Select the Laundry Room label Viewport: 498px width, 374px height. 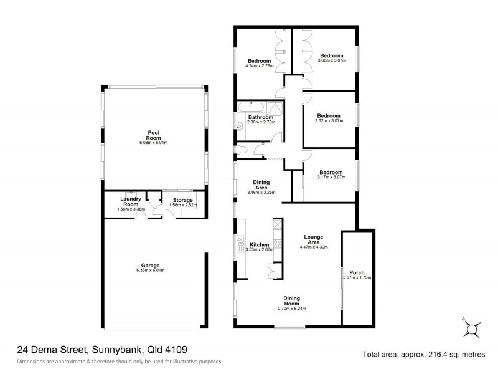[x=130, y=201]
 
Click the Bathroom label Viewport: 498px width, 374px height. [x=260, y=117]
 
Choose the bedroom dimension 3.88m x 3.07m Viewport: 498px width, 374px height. [x=331, y=60]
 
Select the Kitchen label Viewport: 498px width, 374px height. [x=259, y=244]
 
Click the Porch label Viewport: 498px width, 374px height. [x=357, y=272]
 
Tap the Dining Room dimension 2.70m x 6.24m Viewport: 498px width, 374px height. [x=292, y=308]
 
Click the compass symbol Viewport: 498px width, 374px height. [x=471, y=328]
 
